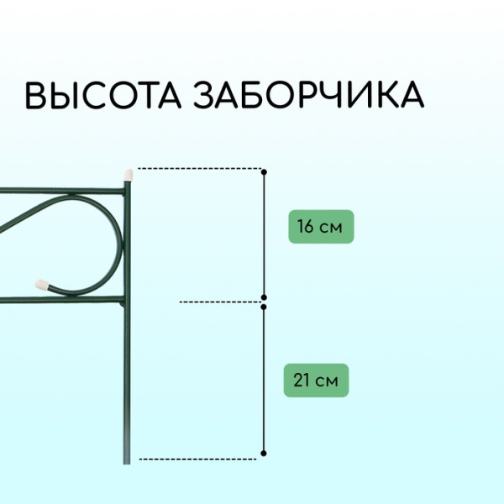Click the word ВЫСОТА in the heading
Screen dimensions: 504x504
102,94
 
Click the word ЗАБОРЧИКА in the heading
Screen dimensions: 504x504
308,94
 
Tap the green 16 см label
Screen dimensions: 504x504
321,227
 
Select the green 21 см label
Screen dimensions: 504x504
316,381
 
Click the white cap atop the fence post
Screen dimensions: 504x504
129,174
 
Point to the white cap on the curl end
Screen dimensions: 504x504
41,284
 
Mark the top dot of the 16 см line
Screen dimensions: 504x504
264,172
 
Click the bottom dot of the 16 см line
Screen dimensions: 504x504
264,297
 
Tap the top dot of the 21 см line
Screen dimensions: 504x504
264,307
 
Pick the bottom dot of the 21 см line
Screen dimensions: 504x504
264,454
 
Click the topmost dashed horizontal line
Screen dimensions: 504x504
200,168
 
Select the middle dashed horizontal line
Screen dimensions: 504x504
221,302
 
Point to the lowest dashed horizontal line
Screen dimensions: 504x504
197,459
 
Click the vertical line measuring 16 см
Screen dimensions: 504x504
264,234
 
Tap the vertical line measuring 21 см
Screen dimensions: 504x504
264,381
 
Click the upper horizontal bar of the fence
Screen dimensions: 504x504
62,191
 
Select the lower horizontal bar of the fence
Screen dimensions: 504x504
62,300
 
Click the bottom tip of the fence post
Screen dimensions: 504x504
127,464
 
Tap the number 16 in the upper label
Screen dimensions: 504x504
305,226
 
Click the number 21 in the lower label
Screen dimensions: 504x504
302,381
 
